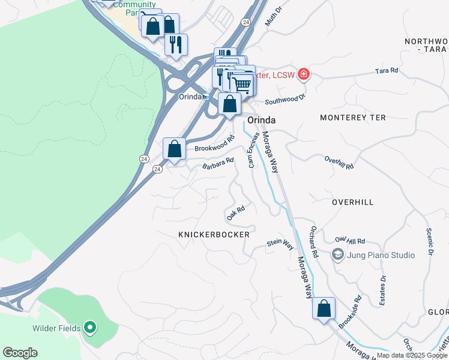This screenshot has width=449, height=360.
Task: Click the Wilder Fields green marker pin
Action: click(89, 327)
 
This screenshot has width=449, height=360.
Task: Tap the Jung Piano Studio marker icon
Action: click(339, 255)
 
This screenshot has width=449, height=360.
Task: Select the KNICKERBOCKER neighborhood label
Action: click(214, 235)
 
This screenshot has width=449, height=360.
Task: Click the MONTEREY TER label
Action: click(352, 118)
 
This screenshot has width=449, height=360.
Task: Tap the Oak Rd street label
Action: click(236, 212)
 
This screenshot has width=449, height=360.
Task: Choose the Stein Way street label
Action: click(280, 244)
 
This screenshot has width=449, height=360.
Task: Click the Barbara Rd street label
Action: click(217, 163)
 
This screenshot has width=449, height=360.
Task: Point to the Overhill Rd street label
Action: click(339, 162)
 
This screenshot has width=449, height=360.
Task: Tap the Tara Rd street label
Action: click(387, 71)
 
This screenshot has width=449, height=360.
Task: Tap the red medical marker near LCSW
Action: click(304, 74)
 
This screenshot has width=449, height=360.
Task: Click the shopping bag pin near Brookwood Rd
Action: click(174, 148)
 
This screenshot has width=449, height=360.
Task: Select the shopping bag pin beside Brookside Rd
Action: click(324, 308)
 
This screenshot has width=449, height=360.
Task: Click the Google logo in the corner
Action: click(20, 353)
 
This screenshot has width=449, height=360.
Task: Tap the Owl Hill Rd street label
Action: click(351, 240)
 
